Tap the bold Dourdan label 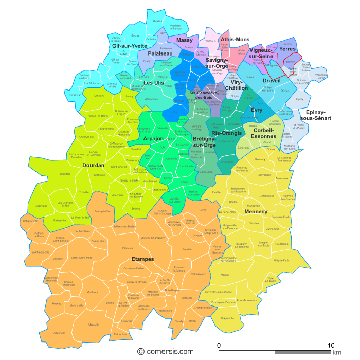pyautogui.click(x=93, y=166)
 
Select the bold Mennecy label pyautogui.click(x=256, y=212)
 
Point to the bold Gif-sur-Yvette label pyautogui.click(x=129, y=46)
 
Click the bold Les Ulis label pyautogui.click(x=153, y=83)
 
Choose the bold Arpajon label pyautogui.click(x=153, y=139)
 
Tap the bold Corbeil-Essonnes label pyautogui.click(x=264, y=133)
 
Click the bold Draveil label pyautogui.click(x=272, y=81)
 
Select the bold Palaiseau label pyautogui.click(x=160, y=53)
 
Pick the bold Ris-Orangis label pyautogui.click(x=226, y=133)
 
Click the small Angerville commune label pyautogui.click(x=60, y=333)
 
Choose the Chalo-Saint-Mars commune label pyautogui.click(x=81, y=258)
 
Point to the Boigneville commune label pyautogui.click(x=227, y=318)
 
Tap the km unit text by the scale pyautogui.click(x=337, y=352)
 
